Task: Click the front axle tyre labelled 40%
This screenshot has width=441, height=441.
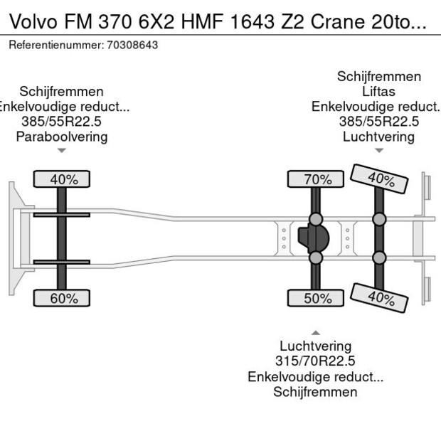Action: (62, 179)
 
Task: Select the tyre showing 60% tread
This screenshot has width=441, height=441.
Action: (63, 298)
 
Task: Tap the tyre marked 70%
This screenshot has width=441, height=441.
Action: (317, 179)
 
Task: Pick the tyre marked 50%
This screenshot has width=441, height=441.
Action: (317, 298)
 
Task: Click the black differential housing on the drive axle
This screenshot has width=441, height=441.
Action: (314, 238)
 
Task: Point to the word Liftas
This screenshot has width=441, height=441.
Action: (378, 92)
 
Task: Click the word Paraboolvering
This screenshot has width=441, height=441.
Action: (62, 137)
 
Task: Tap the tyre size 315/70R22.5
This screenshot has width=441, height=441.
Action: (315, 361)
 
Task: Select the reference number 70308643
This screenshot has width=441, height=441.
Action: (132, 45)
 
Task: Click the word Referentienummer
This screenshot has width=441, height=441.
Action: (55, 45)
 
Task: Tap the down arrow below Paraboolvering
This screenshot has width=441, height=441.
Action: (62, 150)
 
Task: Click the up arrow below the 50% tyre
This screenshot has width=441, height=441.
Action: (315, 332)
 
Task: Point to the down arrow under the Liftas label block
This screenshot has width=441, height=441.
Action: (378, 150)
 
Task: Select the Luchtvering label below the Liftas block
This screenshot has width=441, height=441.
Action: (378, 137)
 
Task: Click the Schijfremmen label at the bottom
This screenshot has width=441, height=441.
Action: (315, 392)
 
